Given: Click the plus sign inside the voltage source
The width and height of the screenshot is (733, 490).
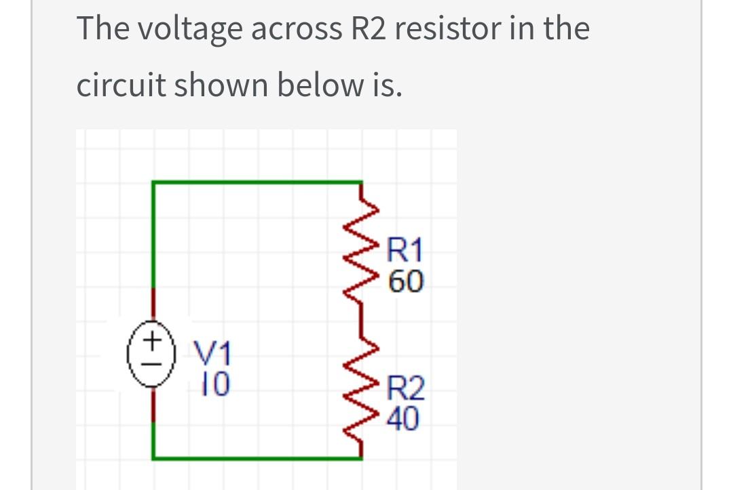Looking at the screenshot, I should click(154, 336).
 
